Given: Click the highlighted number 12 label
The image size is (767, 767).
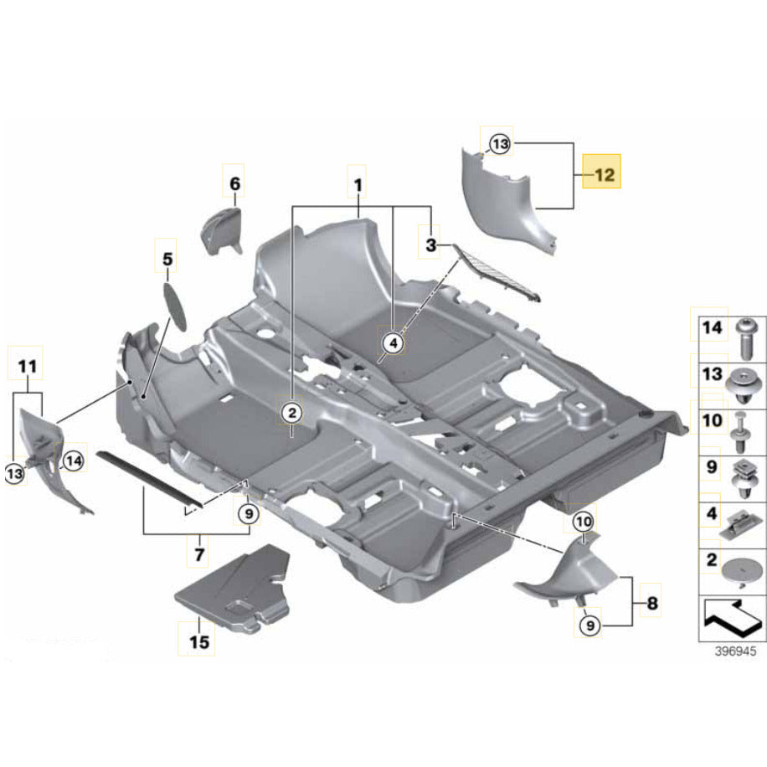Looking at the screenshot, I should pyautogui.click(x=603, y=176).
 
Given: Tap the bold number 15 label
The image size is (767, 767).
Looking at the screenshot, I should pyautogui.click(x=198, y=643).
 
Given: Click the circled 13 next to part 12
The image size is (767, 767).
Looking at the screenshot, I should pyautogui.click(x=500, y=145).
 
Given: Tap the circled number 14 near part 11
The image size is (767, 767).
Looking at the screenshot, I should pyautogui.click(x=73, y=459).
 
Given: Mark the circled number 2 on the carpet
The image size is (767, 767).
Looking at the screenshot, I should pyautogui.click(x=291, y=412).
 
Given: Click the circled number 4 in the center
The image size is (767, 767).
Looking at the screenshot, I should pyautogui.click(x=394, y=342).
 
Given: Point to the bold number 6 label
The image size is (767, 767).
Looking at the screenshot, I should pyautogui.click(x=234, y=183).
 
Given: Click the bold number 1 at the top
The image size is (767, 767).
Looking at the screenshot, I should pyautogui.click(x=358, y=183).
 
